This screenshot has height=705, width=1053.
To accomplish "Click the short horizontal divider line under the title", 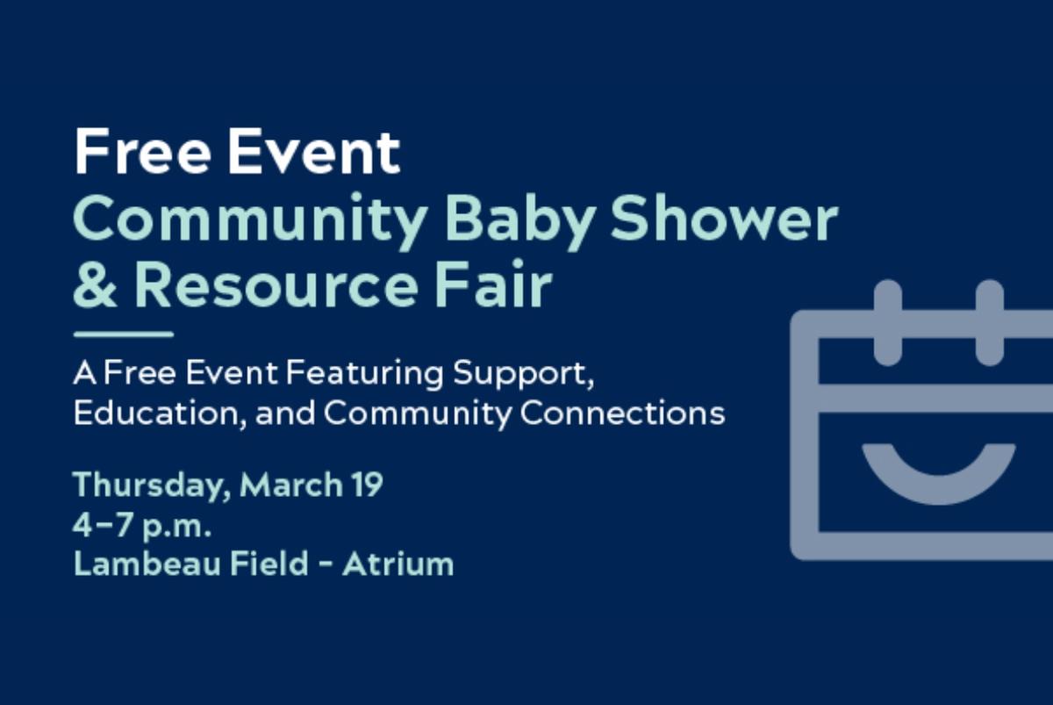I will tap(123, 335).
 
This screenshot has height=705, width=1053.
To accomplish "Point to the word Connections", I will tap(622, 413).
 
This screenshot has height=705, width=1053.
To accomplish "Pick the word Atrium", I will tap(398, 564).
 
